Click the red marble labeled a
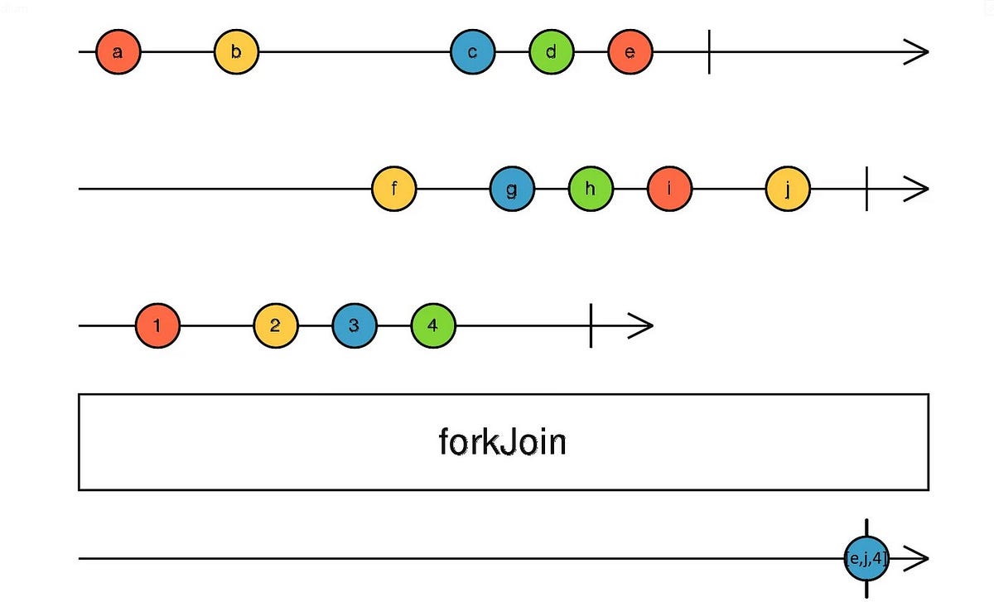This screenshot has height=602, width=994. coord(118,51)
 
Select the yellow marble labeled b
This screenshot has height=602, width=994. coord(236,51)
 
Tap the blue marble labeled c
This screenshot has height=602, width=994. coord(472,51)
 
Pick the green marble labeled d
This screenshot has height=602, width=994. coord(551,51)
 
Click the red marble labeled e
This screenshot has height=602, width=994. coord(630,51)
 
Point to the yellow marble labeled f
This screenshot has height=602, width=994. coord(394,189)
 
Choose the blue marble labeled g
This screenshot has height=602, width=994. coord(512,189)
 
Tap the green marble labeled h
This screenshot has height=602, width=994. coord(590,189)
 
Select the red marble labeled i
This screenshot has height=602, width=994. coord(668,189)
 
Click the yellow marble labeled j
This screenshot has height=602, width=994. coord(787,189)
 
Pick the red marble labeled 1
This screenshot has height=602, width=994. coord(157,325)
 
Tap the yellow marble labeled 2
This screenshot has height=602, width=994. coord(275,325)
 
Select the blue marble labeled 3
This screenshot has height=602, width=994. coord(354,325)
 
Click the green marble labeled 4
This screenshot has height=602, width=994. coord(432,325)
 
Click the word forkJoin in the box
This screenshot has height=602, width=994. coord(502,442)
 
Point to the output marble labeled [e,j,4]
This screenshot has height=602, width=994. coord(866,559)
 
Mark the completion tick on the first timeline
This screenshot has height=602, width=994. coord(709,51)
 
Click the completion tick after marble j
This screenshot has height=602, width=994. coord(866,189)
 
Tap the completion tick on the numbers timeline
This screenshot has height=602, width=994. coord(591,325)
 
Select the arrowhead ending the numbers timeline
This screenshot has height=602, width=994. coord(642,325)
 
